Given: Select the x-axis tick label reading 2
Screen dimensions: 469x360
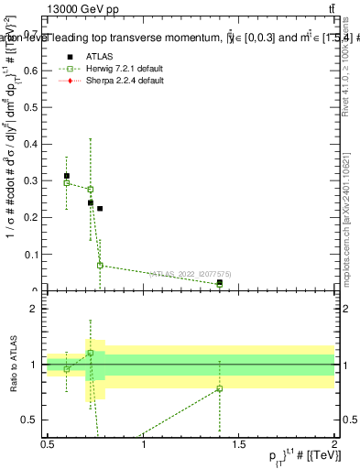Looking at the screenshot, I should (x=334, y=445).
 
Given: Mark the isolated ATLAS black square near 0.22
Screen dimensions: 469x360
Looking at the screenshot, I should (x=100, y=209).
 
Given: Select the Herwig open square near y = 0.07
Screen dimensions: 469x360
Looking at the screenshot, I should (x=100, y=266).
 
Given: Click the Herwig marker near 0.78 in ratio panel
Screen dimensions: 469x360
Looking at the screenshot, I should (x=220, y=388).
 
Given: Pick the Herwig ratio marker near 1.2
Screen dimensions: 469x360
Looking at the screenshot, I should (x=90, y=353).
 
